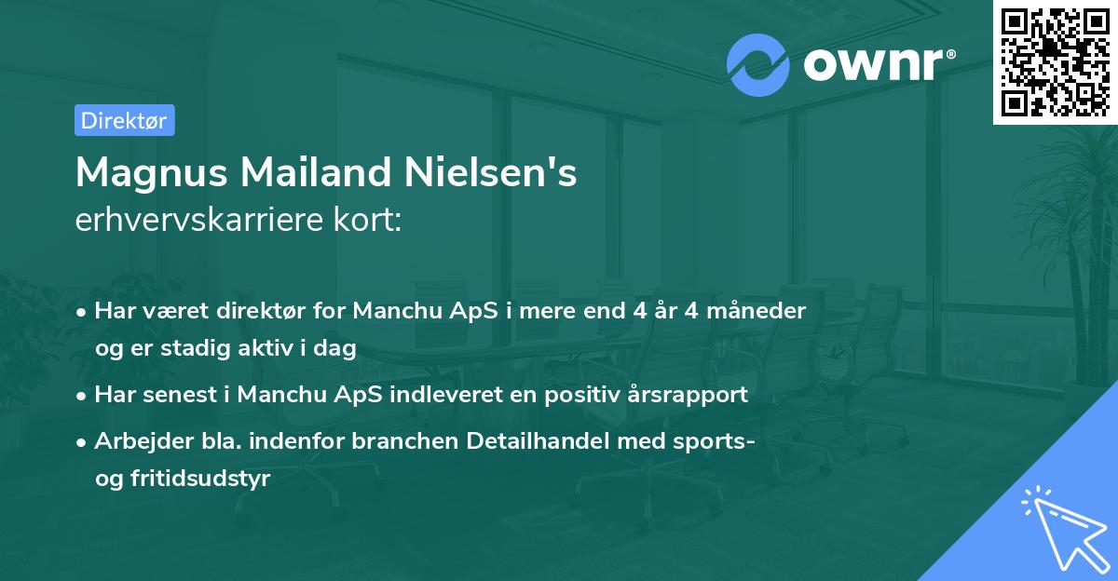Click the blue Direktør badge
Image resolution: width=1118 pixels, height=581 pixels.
pos(124,120)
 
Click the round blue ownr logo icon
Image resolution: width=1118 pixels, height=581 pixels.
pos(758,65)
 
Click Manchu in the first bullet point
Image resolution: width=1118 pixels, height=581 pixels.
pos(393,311)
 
